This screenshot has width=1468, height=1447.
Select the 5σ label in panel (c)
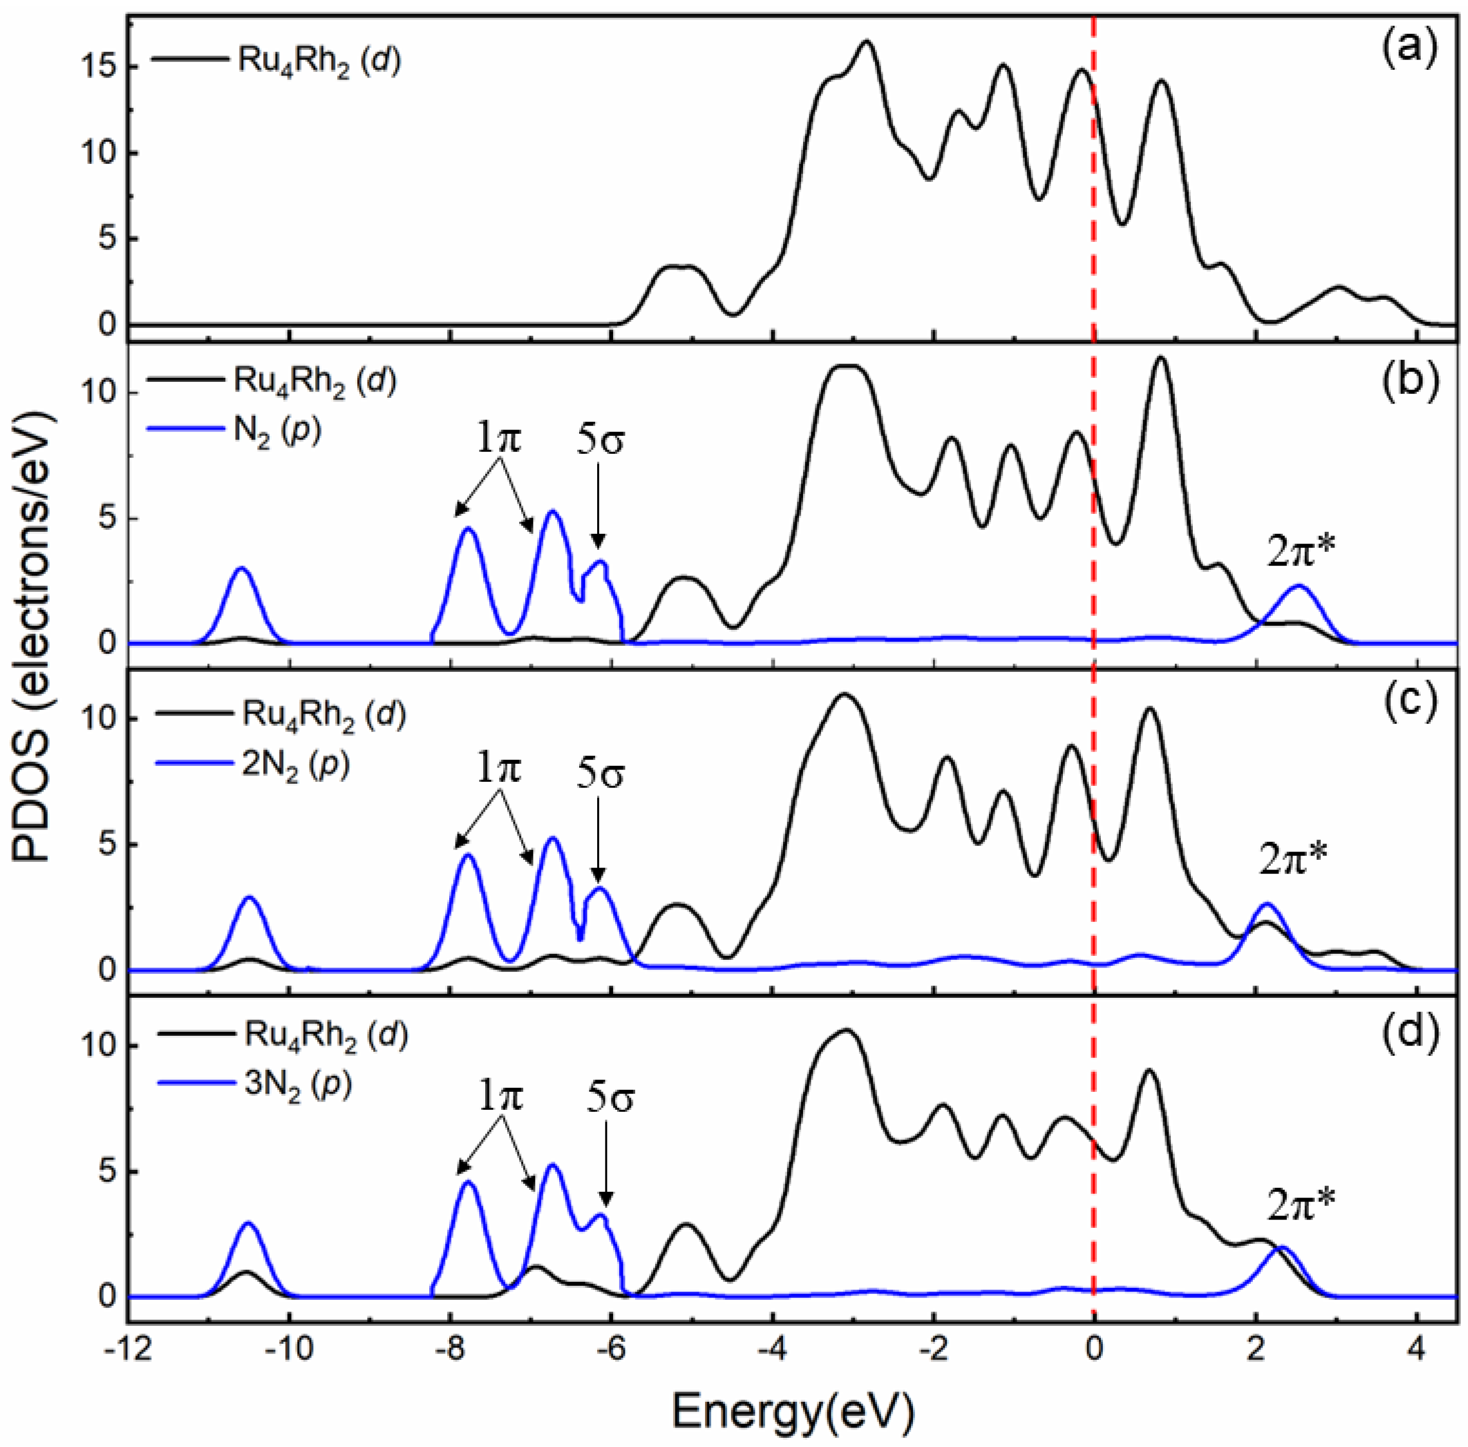point(599,776)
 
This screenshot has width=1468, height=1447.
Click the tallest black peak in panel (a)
point(866,43)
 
